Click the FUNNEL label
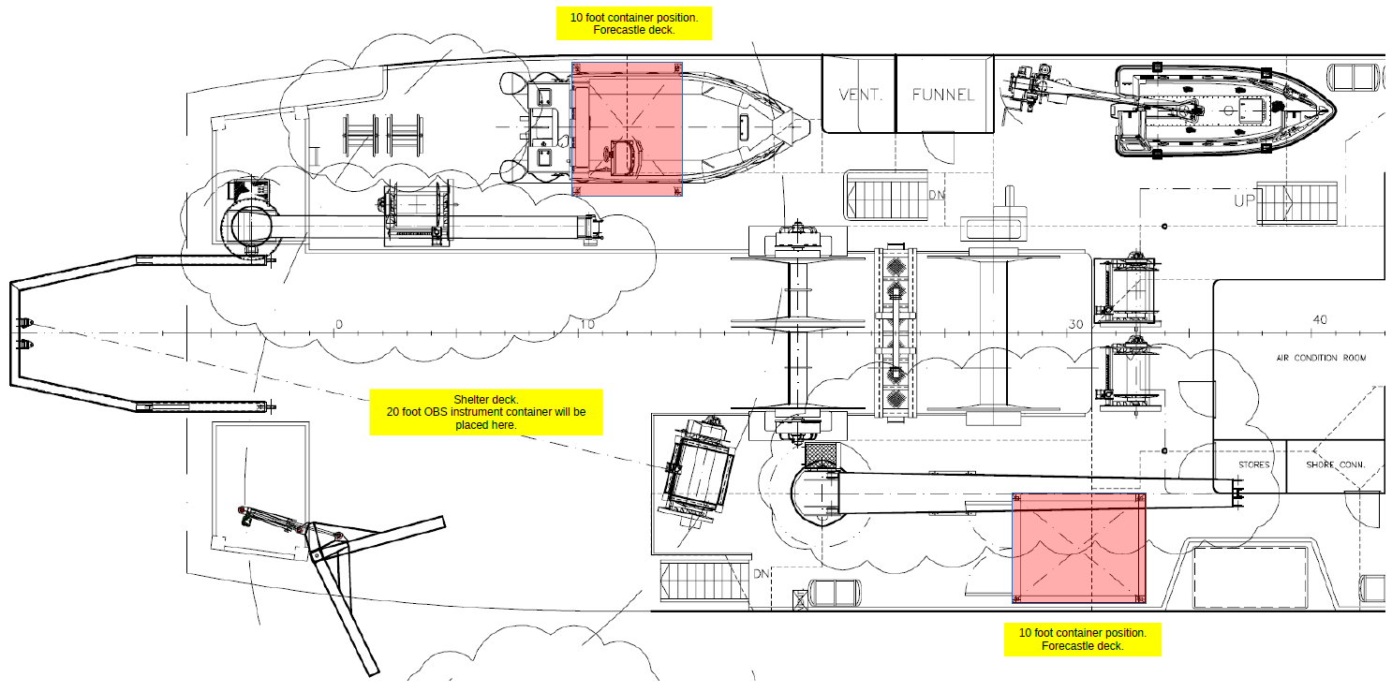tap(943, 95)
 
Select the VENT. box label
tap(857, 95)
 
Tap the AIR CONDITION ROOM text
tap(1321, 358)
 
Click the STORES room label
tap(1253, 465)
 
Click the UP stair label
tap(1243, 200)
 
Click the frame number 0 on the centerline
tap(339, 324)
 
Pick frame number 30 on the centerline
tap(1074, 324)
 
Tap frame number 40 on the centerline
tap(1319, 320)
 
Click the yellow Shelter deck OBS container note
tap(486, 412)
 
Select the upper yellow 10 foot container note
tap(634, 23)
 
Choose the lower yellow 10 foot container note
tap(1082, 640)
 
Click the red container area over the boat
tap(627, 129)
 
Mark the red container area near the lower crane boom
tap(1079, 549)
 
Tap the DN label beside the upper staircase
tap(936, 195)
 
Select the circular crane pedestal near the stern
tap(247, 227)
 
